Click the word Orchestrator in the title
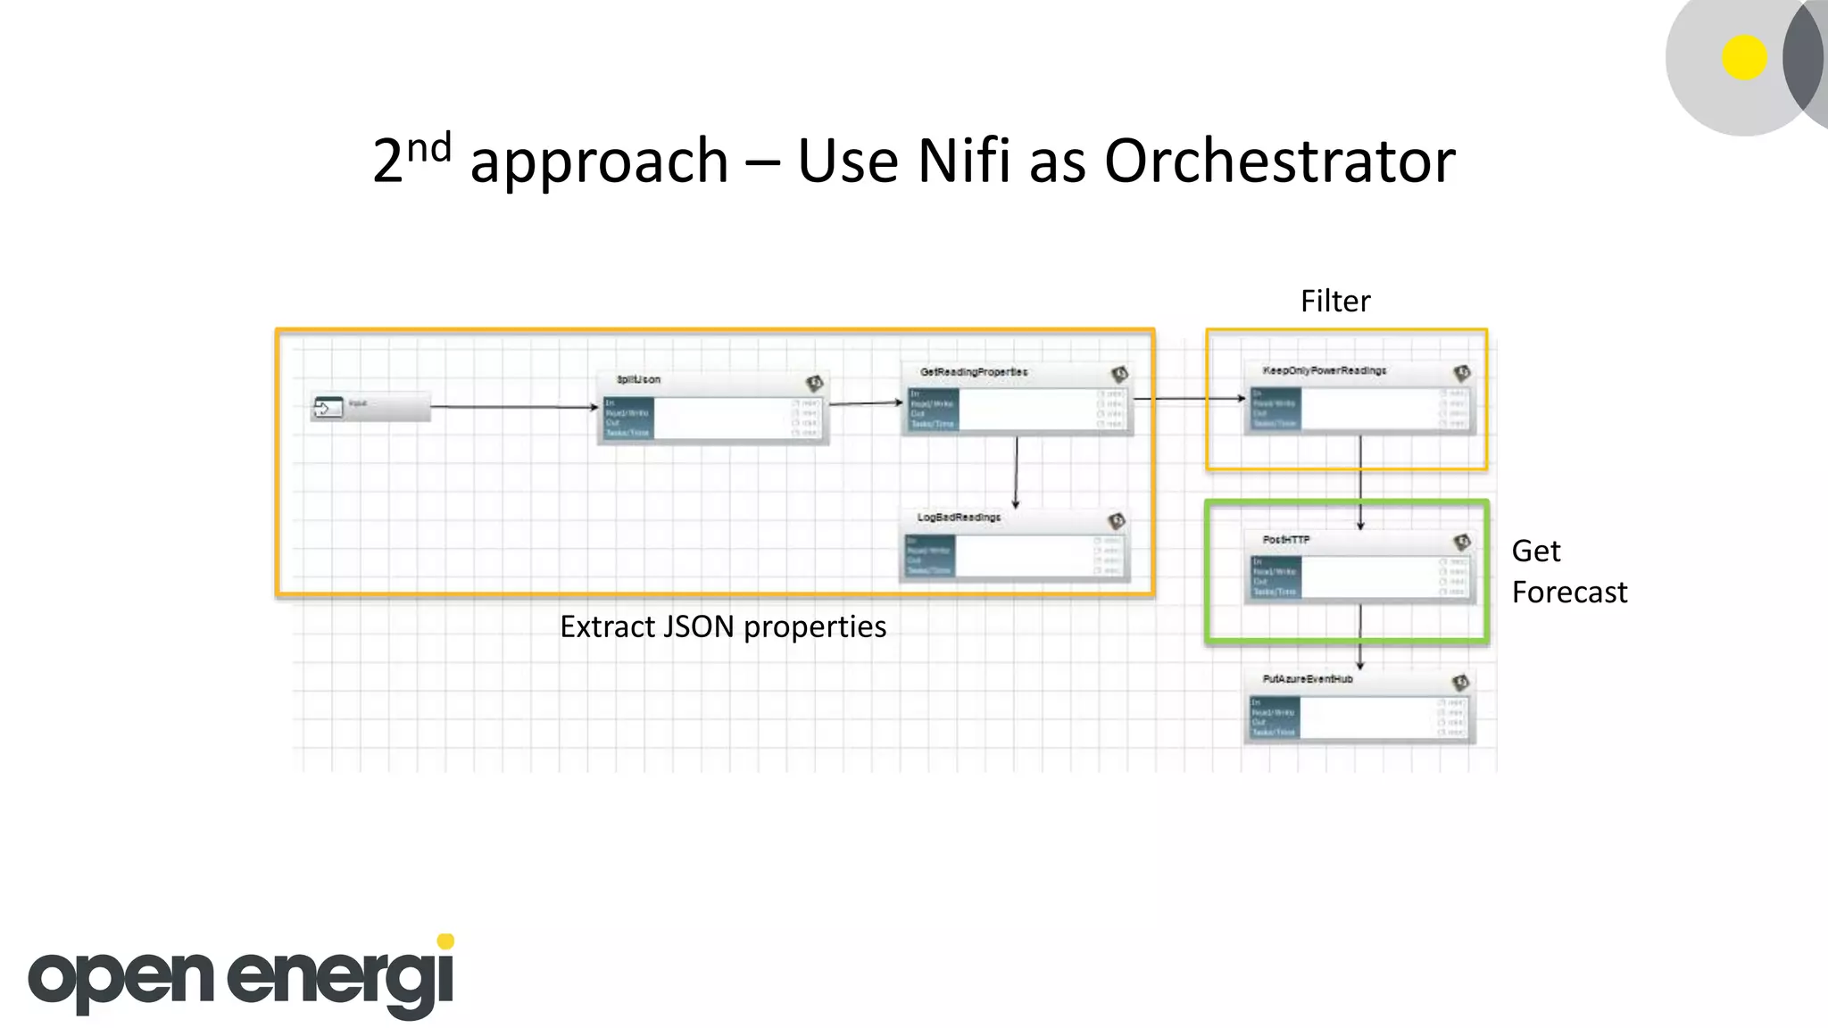click(x=1279, y=162)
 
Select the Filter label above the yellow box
click(x=1334, y=302)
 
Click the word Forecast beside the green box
click(x=1569, y=593)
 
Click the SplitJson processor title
click(x=638, y=379)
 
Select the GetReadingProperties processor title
click(x=974, y=372)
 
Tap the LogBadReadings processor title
click(x=959, y=518)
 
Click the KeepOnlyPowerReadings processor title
click(x=1324, y=370)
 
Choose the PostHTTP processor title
click(x=1286, y=540)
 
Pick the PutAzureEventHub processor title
click(x=1308, y=679)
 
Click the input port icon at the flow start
click(x=328, y=408)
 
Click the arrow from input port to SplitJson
click(x=513, y=407)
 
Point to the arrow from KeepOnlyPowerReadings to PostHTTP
click(x=1360, y=482)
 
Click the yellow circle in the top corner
click(x=1744, y=58)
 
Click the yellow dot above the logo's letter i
click(x=445, y=941)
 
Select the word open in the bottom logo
click(x=121, y=979)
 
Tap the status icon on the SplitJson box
click(x=814, y=384)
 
